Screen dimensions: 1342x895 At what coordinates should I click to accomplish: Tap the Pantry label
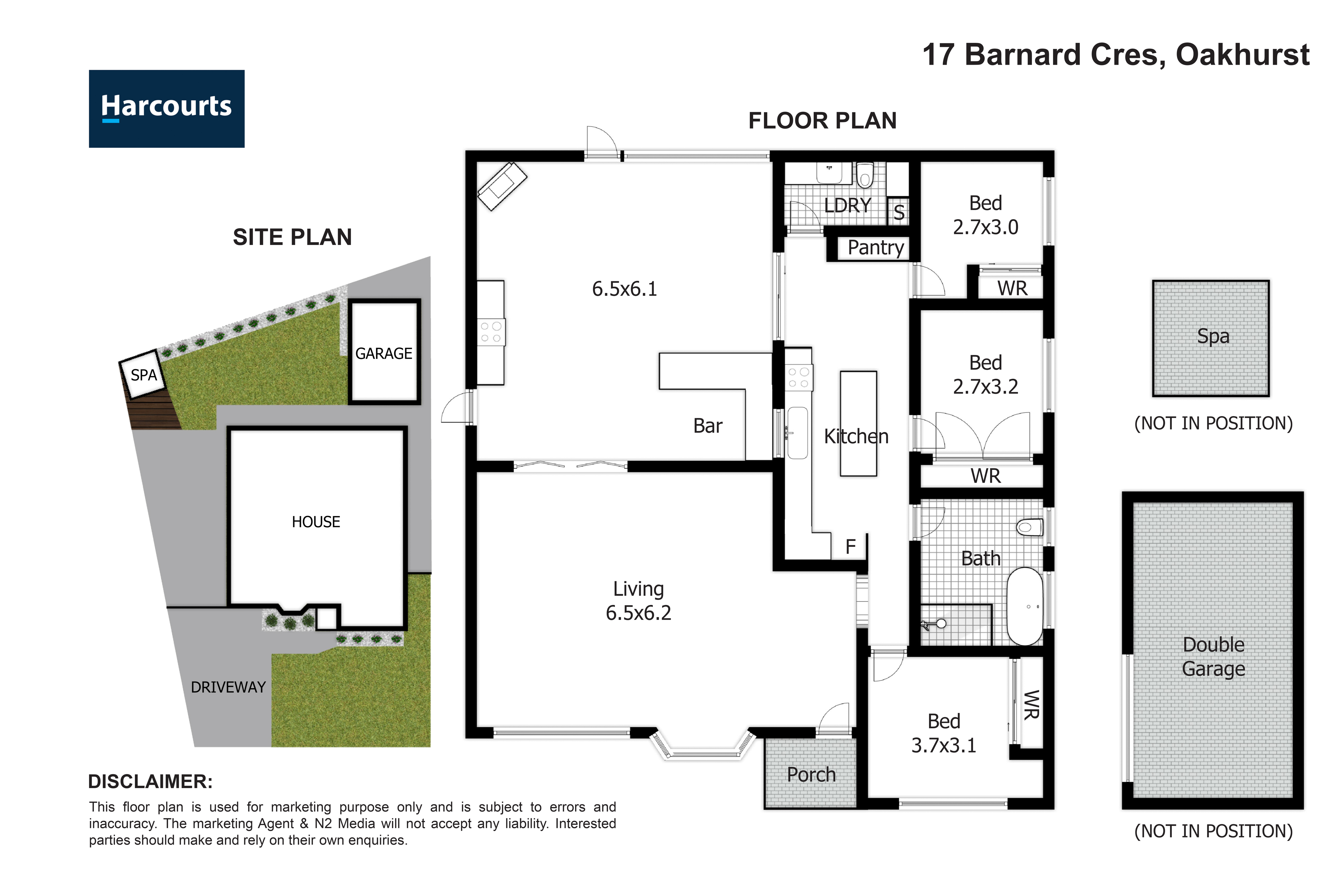pos(876,248)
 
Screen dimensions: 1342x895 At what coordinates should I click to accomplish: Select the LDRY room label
pos(847,205)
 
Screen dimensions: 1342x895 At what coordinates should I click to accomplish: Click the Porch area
pos(811,774)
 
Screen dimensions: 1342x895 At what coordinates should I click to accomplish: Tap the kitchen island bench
pos(858,424)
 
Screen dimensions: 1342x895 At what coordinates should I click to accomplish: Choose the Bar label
pos(708,426)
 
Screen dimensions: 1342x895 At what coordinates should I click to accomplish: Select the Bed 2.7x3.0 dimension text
pos(985,227)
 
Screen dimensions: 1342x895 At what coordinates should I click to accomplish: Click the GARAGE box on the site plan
pos(384,352)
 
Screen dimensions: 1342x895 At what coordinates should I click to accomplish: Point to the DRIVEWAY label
pos(228,687)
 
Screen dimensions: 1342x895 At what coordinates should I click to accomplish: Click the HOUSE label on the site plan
pos(315,522)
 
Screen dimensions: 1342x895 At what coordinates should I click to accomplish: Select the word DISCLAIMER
pos(150,782)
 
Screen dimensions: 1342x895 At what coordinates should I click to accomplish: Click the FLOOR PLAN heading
pos(822,121)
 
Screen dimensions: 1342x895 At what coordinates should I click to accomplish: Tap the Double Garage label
pos(1213,656)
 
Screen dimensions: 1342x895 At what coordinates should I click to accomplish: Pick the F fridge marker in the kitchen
pos(850,547)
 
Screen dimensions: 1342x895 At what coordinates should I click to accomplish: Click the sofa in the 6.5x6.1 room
pos(502,186)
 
